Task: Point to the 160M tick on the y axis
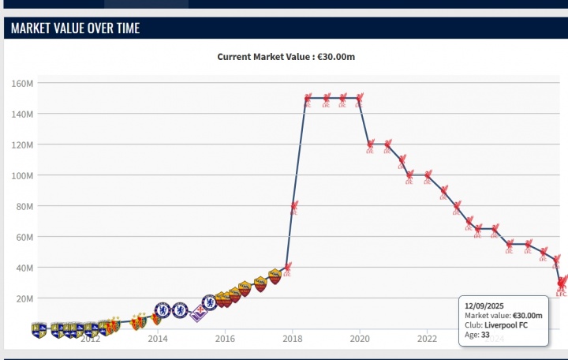coord(22,83)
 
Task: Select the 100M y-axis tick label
coord(22,175)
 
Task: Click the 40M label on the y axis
coord(24,268)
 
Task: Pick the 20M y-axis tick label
coord(24,298)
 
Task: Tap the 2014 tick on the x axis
coord(158,339)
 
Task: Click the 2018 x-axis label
coord(292,339)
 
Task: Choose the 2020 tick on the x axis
coord(360,339)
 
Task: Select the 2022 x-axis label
coord(427,339)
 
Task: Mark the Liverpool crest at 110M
coord(402,161)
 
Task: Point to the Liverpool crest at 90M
coord(444,192)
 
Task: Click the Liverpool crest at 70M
coord(469,223)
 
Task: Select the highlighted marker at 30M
coord(562,283)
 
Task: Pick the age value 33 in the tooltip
coord(485,334)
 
